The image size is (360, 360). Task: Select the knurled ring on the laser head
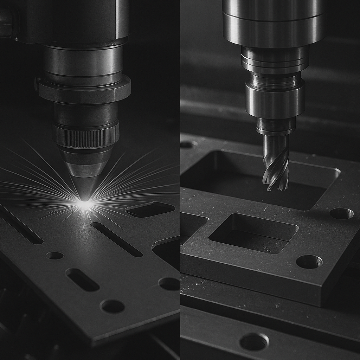[x=86, y=135]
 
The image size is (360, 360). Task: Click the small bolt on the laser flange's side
[x=37, y=84]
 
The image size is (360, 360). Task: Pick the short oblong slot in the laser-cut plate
[x=82, y=279]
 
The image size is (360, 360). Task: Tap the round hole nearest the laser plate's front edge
[x=112, y=306]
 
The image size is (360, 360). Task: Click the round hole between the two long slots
[x=54, y=256]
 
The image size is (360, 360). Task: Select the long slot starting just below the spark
[x=116, y=239]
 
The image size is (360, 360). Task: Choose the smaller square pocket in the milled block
[x=253, y=233]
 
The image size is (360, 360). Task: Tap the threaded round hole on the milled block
[x=309, y=262]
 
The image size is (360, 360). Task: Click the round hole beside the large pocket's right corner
[x=341, y=213]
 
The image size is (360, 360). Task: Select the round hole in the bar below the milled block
[x=254, y=341]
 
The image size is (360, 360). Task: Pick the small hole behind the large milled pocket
[x=188, y=144]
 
